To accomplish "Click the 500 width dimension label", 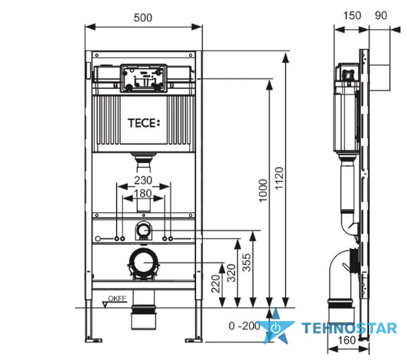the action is (x=143, y=18).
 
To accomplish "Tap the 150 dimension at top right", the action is (x=352, y=15).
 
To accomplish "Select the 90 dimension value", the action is (x=381, y=15).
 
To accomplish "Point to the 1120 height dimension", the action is (x=279, y=178).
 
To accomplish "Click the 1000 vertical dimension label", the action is (x=263, y=191).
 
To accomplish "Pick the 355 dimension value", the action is (x=246, y=263).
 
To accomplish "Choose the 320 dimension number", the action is (x=231, y=273).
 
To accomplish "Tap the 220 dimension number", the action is (x=216, y=284).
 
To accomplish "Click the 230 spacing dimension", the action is (x=143, y=181).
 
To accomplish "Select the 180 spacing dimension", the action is (x=143, y=193).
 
